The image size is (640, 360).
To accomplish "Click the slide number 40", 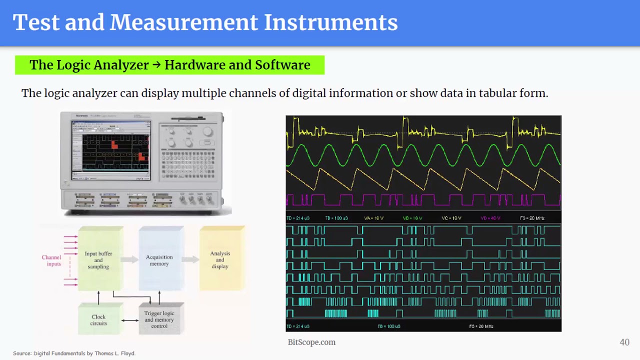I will [624, 342].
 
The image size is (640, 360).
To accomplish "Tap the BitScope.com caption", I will [311, 342].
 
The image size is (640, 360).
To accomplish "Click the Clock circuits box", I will [98, 320].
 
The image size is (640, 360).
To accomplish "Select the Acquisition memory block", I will [159, 260].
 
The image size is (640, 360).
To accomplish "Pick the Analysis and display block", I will [220, 259].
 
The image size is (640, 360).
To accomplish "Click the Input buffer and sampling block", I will [98, 259].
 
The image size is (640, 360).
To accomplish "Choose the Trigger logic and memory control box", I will [159, 319].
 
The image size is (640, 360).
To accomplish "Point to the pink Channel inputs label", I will [51, 260].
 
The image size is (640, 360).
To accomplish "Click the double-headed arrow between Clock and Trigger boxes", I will [129, 320].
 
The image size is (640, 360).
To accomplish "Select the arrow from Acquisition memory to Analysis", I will [190, 259].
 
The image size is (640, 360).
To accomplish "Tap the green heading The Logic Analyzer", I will [169, 65].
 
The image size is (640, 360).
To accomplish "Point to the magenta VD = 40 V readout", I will [490, 218].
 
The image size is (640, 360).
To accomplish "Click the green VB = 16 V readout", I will [412, 218].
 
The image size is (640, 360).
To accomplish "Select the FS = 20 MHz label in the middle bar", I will [532, 218].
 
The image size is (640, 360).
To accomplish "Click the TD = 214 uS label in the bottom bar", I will [297, 326].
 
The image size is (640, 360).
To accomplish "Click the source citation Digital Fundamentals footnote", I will [74, 353].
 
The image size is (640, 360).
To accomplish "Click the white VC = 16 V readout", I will [452, 218].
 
